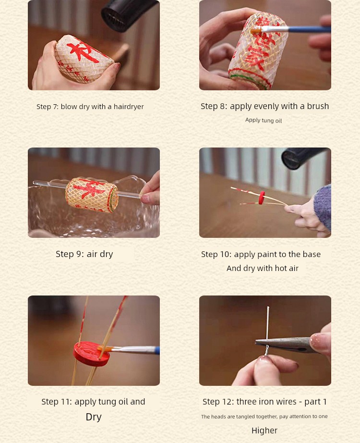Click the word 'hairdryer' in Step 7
pos(129,107)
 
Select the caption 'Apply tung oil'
pos(264,120)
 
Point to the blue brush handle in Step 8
pos(310,29)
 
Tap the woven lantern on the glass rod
pos(92,195)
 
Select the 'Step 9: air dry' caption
pos(84,254)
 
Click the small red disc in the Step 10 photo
pos(262,197)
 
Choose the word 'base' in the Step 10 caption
pos(312,254)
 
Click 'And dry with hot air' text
pos(262,268)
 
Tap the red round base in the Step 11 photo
pos(92,354)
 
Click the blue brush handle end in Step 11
pos(157,350)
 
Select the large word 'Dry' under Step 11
pos(94,417)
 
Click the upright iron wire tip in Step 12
pos(268,307)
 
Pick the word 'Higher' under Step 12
pos(264,431)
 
